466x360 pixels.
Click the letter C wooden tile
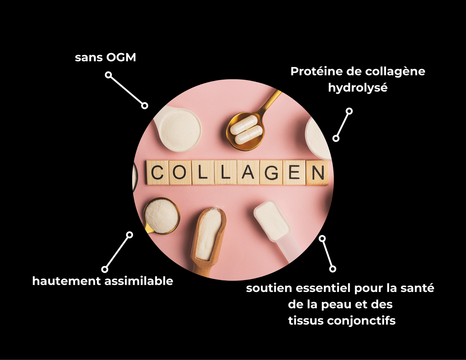pos(158,172)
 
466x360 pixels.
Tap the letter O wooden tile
pos(180,172)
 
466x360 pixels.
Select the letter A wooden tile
pos(248,172)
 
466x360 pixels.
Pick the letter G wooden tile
pos(271,172)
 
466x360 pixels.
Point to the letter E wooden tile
pos(294,172)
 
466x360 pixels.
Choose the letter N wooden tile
pos(318,173)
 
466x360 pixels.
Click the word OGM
pos(121,57)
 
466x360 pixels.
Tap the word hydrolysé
pos(358,88)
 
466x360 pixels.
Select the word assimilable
pos(139,281)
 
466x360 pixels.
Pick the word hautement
pos(66,281)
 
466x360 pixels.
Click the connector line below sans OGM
pos(126,90)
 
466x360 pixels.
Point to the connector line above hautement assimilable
pos(117,252)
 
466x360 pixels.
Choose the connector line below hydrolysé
pos(343,125)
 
